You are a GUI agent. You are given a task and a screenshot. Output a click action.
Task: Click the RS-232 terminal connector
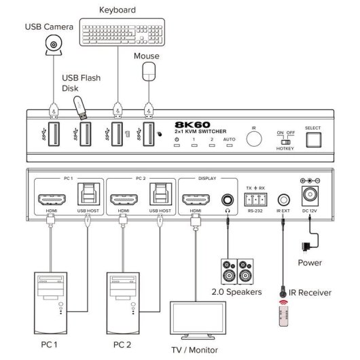coord(254,200)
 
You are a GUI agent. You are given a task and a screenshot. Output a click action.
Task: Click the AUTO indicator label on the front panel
coord(228,139)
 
